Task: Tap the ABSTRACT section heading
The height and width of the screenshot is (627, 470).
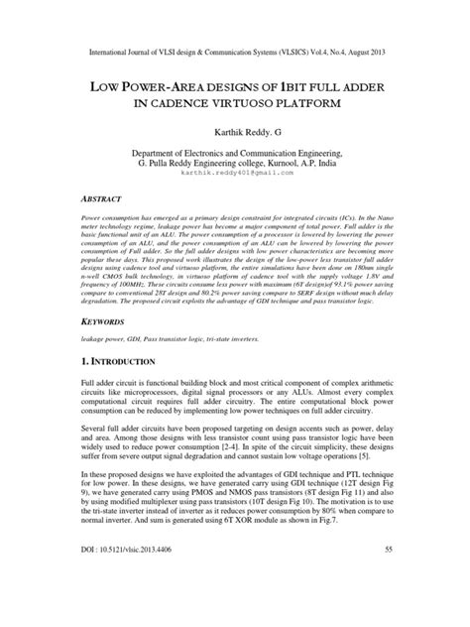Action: (104, 196)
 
